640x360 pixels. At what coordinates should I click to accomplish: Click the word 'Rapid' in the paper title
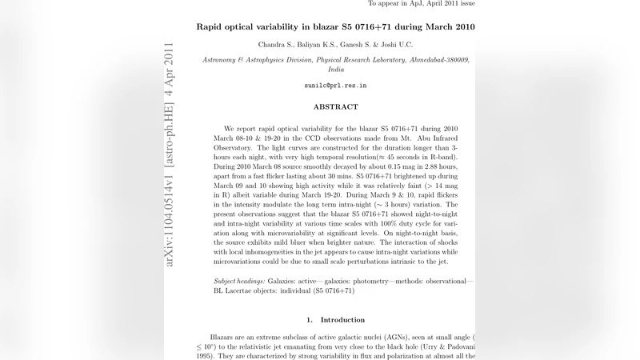coord(212,26)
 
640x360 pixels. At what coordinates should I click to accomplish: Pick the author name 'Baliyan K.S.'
coord(327,45)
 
